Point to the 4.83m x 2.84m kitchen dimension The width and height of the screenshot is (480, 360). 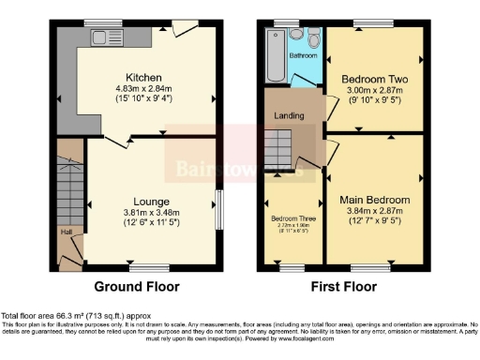pyautogui.click(x=146, y=89)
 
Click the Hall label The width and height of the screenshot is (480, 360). pyautogui.click(x=65, y=231)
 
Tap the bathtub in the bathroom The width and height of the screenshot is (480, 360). pyautogui.click(x=276, y=55)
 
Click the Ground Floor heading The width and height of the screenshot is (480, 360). pyautogui.click(x=138, y=286)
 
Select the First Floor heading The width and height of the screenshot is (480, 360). pyautogui.click(x=344, y=286)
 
